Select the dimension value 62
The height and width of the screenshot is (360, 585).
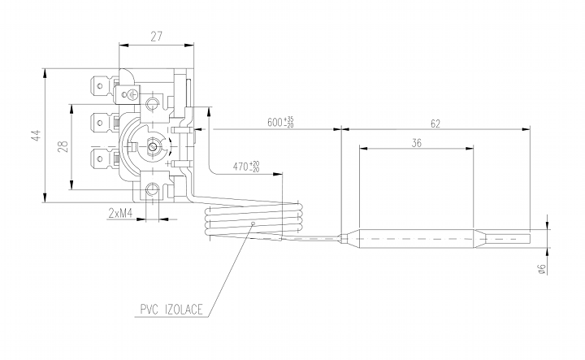click(435, 124)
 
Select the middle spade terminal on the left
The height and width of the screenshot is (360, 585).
click(102, 124)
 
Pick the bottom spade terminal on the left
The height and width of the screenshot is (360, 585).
click(102, 158)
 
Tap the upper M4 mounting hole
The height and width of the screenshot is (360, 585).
click(154, 103)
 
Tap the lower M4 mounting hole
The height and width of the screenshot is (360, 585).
click(153, 191)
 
